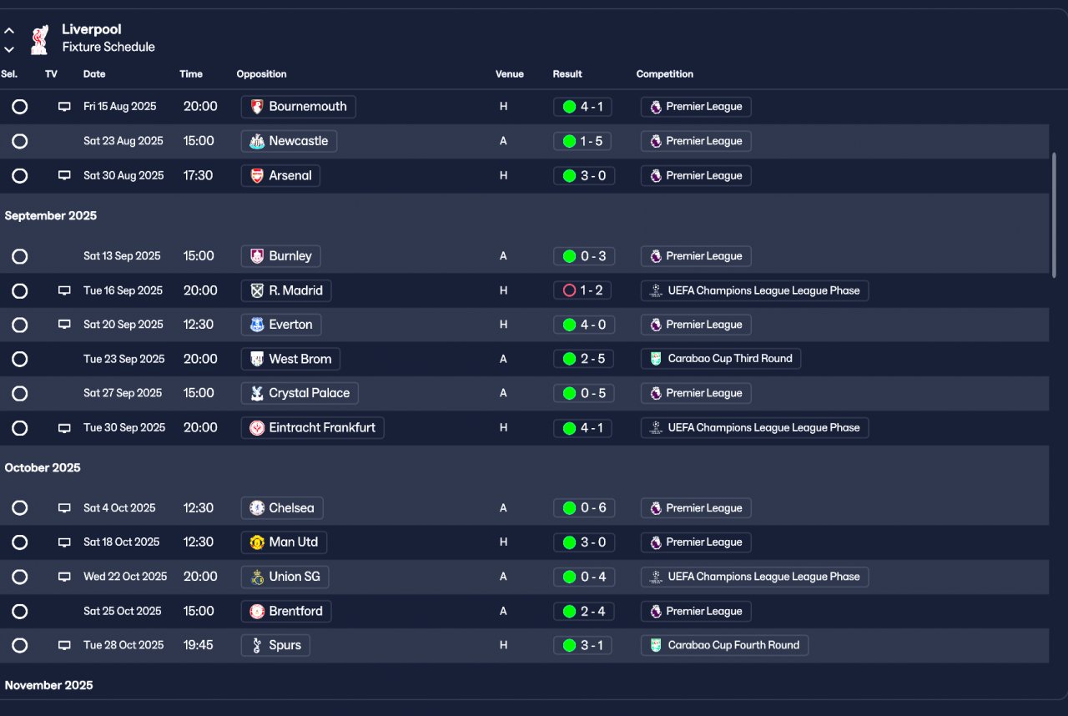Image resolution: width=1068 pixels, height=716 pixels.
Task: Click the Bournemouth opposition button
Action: click(299, 107)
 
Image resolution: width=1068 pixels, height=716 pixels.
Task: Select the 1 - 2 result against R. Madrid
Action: click(583, 290)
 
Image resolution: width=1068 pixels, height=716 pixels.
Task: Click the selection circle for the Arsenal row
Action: click(20, 176)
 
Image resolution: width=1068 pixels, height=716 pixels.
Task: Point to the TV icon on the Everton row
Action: click(64, 325)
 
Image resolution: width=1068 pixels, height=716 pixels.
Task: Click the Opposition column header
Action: click(261, 74)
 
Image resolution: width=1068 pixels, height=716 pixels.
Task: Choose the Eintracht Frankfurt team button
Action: click(312, 428)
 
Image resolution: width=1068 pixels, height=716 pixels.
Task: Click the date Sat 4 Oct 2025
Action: click(119, 508)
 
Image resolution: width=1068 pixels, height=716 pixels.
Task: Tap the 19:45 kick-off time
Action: click(198, 645)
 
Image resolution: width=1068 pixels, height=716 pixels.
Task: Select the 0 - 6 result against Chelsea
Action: click(583, 508)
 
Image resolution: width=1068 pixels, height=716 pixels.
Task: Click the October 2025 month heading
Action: click(43, 468)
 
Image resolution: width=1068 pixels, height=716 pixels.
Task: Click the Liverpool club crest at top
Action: click(38, 38)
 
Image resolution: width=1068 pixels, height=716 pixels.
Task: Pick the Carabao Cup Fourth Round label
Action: click(724, 645)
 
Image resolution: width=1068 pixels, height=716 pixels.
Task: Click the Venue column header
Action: click(509, 74)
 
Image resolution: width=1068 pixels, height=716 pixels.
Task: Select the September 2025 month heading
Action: click(50, 216)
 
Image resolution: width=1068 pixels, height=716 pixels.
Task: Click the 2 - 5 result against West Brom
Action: click(583, 359)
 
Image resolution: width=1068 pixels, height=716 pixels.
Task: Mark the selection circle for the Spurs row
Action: click(20, 646)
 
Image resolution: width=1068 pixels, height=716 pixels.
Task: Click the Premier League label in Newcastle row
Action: click(696, 141)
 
